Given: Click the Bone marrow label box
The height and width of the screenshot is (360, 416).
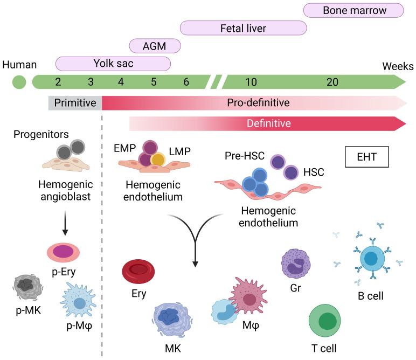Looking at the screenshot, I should click(x=353, y=10).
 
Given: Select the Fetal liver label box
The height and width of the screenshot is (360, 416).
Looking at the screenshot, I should click(x=243, y=27).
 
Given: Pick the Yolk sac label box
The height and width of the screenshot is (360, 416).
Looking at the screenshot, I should click(x=113, y=63).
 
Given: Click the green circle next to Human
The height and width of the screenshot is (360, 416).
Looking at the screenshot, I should click(x=19, y=82).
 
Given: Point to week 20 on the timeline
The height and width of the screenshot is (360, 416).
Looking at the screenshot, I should click(x=332, y=82).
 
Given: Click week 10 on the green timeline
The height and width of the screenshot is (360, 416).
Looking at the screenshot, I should click(x=251, y=82).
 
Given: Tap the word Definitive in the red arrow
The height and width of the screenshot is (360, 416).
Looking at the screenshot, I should click(x=268, y=123).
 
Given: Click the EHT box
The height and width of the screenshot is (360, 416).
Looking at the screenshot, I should click(x=366, y=157).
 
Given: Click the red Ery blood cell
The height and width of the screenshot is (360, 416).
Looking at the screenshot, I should click(x=139, y=272).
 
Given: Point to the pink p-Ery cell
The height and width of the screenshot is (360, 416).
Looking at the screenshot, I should click(x=63, y=252).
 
